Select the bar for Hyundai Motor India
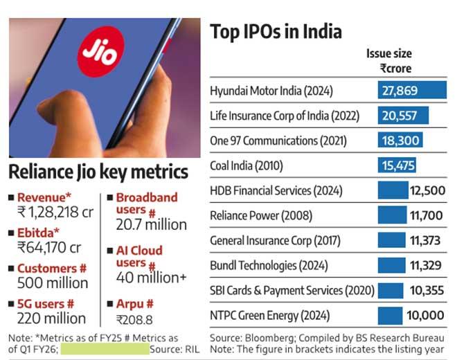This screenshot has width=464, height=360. pos(412,91)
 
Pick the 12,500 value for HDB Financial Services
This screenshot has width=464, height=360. pos(427,191)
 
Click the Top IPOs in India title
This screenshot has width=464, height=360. pos(276,32)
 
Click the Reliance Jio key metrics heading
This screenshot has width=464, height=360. pos(98,172)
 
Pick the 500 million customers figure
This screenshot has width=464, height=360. pos(53,283)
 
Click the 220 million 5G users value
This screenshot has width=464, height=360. pos(52,318)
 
